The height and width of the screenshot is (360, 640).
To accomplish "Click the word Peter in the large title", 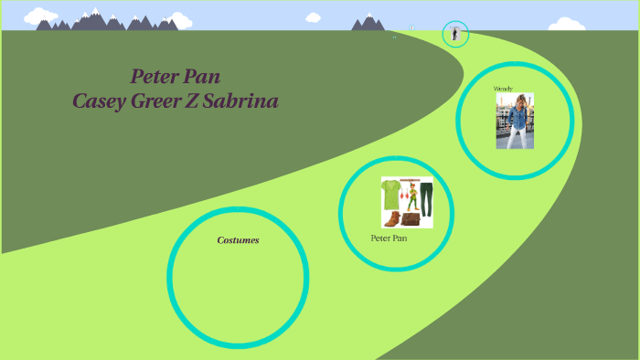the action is pyautogui.click(x=157, y=76).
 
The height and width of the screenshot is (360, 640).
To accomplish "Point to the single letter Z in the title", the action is pyautogui.click(x=202, y=101).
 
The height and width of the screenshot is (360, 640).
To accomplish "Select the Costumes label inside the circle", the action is pyautogui.click(x=238, y=240).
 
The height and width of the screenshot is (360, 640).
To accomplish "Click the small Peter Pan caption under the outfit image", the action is pyautogui.click(x=389, y=238).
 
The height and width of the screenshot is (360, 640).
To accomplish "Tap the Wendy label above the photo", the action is pyautogui.click(x=503, y=89).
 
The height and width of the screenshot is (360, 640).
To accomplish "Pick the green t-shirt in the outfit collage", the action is pyautogui.click(x=390, y=194).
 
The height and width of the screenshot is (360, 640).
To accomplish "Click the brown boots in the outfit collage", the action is pyautogui.click(x=392, y=219).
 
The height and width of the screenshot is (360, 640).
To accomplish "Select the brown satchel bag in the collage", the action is pyautogui.click(x=411, y=218).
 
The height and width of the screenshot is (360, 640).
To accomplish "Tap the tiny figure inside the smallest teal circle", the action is pyautogui.click(x=454, y=35).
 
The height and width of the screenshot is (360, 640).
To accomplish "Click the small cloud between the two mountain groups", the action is pyautogui.click(x=311, y=16).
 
